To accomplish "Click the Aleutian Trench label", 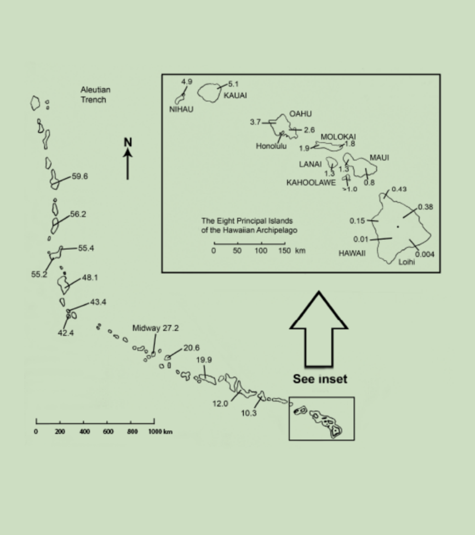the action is (95, 95).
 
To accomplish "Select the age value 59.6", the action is (80, 177).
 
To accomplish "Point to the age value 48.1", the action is (89, 277).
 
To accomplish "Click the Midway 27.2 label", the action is (155, 329).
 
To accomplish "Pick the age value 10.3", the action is (248, 413).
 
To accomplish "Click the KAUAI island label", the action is (235, 96).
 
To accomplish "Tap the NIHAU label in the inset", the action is (181, 109).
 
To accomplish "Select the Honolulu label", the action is (271, 146).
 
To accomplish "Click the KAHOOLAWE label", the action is (311, 183).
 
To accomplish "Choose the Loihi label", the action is (406, 262).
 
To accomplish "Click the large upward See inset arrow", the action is (318, 329).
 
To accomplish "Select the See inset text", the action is (320, 379).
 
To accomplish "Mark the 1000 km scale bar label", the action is (160, 432).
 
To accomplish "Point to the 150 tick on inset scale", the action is (284, 251).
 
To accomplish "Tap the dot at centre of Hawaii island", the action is (398, 227).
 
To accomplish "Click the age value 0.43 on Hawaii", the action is (399, 189).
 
